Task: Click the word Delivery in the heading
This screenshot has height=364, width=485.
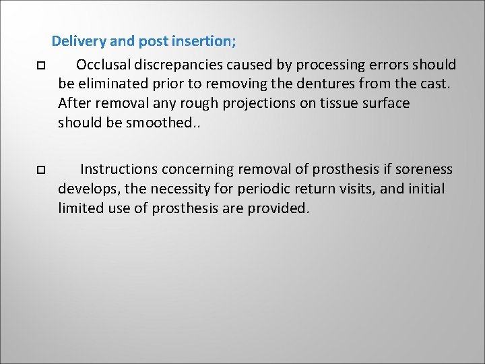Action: (x=78, y=41)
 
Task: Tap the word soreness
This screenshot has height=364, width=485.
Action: (x=422, y=169)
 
